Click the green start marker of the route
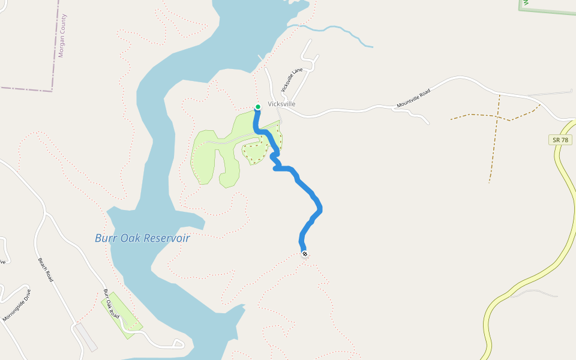tap(258, 107)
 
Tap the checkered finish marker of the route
tap(305, 254)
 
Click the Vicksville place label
tap(281, 104)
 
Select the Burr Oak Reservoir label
tap(142, 238)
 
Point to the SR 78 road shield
tap(560, 140)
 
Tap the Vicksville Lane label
tap(290, 82)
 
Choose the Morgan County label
tap(62, 35)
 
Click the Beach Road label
tap(46, 270)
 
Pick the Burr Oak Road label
tap(111, 304)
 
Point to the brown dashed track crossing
tap(497, 116)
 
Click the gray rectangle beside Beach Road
tap(85, 337)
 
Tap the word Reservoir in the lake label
tap(167, 238)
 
